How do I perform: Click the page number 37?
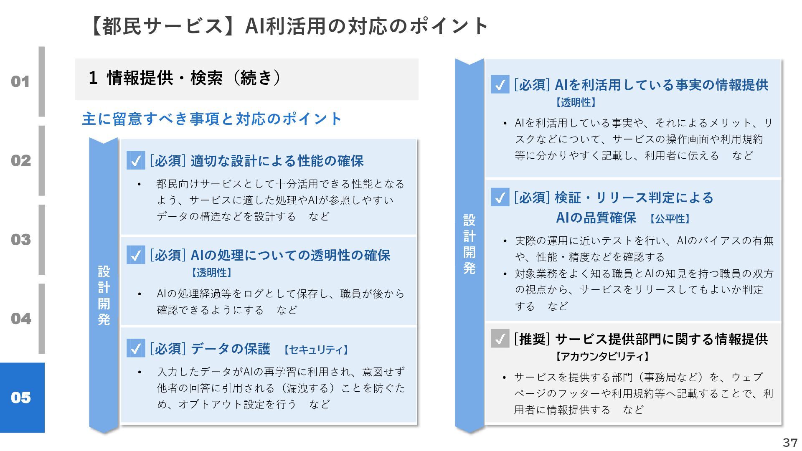tap(790, 442)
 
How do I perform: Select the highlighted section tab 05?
tap(21, 398)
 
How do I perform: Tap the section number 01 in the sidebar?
tap(20, 81)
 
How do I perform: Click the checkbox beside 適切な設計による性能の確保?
tap(136, 160)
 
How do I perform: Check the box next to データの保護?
tap(136, 348)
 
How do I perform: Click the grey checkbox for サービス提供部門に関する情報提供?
tap(500, 339)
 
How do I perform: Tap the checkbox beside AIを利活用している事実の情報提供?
tap(500, 84)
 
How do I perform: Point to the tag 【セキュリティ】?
tap(316, 350)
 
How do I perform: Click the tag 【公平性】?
tap(670, 218)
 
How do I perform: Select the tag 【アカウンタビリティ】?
tap(602, 356)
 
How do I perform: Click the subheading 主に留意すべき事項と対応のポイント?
tap(212, 119)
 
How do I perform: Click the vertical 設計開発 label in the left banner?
tap(104, 295)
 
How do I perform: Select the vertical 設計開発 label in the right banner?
tap(470, 244)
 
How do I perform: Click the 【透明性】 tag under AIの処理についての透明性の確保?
tap(211, 273)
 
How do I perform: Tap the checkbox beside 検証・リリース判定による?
tap(500, 198)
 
